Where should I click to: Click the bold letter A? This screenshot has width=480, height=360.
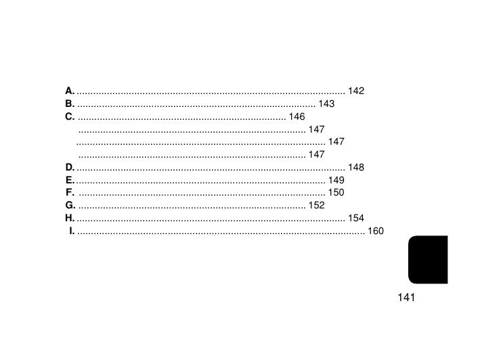tap(70, 91)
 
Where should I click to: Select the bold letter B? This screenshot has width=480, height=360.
tap(70, 104)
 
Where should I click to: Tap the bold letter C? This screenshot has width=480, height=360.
tap(70, 116)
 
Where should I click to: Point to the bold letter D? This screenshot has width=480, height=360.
tap(70, 167)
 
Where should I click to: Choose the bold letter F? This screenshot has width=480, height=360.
tap(70, 192)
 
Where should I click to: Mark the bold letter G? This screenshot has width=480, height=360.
tap(70, 205)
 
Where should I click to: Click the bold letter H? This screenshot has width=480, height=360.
tap(70, 218)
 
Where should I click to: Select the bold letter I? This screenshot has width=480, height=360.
tap(72, 231)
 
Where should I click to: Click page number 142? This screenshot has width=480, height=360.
tap(356, 91)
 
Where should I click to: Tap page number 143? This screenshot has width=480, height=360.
tap(326, 104)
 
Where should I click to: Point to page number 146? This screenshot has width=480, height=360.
tap(297, 116)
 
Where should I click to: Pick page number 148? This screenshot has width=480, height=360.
tap(356, 167)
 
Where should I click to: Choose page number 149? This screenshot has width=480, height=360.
tap(336, 180)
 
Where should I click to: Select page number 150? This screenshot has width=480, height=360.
tap(336, 192)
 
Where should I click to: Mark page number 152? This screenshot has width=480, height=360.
tap(317, 205)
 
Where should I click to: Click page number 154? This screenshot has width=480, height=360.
tap(356, 218)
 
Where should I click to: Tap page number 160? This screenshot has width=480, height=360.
tap(376, 231)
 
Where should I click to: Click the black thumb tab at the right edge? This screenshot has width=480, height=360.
tap(428, 260)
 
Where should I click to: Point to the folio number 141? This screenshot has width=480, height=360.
tap(406, 297)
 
